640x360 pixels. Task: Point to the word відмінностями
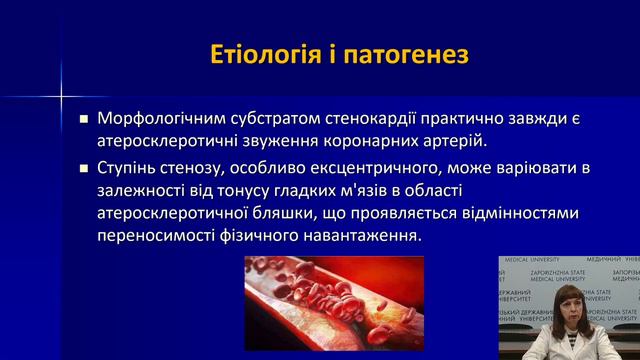coord(497,212)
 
